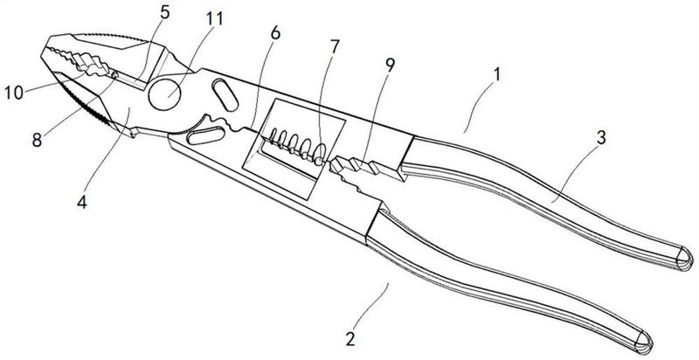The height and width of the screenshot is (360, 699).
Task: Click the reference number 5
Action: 165,13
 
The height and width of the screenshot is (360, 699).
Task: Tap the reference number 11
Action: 213,18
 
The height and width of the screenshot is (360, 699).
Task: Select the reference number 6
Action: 275,33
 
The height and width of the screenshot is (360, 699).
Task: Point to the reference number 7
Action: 335,47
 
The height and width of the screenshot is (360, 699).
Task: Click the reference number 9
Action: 390,66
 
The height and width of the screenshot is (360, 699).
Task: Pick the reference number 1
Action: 497,74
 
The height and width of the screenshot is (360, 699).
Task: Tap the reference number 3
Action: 601,138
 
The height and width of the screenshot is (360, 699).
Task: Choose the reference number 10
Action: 13,93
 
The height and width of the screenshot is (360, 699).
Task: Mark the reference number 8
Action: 37,140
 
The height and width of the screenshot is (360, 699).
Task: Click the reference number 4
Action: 81,202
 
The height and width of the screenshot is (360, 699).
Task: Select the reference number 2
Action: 350,339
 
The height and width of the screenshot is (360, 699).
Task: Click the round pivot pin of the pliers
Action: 164,94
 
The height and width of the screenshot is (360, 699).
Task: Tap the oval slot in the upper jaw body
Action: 225,95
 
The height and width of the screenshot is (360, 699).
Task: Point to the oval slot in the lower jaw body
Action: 205,135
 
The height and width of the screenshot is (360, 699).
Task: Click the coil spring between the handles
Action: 296,147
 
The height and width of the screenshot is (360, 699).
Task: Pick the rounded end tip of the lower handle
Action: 644,343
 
